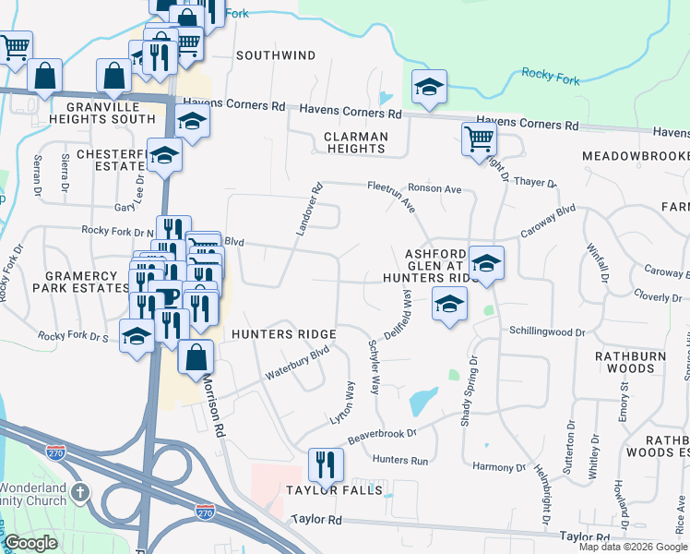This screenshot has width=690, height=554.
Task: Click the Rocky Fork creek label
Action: pos(551,77)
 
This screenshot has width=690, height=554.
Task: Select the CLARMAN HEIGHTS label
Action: pos(355,142)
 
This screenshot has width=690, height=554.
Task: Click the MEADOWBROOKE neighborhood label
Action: pos(636,157)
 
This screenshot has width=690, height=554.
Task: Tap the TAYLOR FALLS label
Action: pos(333,490)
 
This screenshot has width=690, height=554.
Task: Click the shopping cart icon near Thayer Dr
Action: pos(479,138)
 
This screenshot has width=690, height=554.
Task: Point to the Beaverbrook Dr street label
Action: pos(383,431)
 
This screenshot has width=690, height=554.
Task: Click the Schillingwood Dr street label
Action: pos(548,331)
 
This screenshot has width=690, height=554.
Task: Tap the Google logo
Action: pos(30,543)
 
